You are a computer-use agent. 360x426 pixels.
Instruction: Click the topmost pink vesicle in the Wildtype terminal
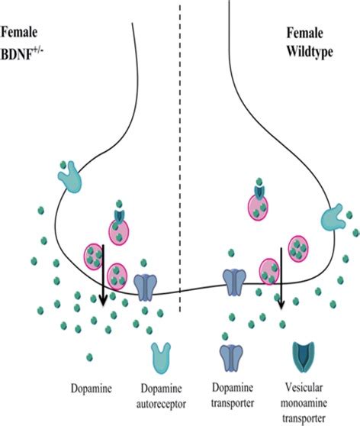tap(259, 206)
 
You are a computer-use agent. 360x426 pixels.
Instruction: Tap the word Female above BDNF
tap(21, 34)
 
